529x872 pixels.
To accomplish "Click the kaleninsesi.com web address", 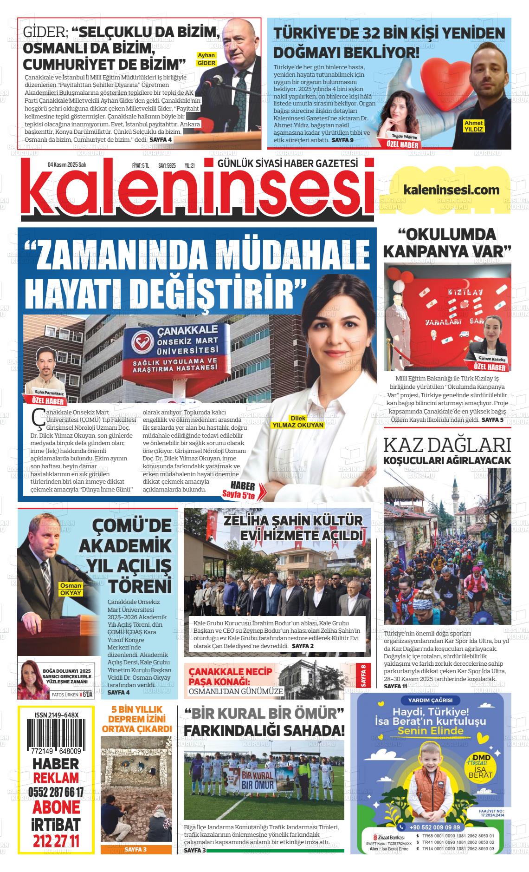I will click(x=452, y=190).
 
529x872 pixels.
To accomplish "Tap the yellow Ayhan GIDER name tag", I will click(x=206, y=59).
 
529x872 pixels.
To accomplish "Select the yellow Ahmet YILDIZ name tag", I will click(x=473, y=126).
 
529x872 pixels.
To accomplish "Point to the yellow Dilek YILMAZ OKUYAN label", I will click(x=297, y=421).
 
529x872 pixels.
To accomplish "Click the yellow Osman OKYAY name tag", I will click(x=71, y=589).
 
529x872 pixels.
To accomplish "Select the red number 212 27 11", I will click(x=56, y=840).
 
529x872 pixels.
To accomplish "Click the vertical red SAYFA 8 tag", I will click(x=363, y=676).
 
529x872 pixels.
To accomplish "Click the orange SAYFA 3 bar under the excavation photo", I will click(x=135, y=850).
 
